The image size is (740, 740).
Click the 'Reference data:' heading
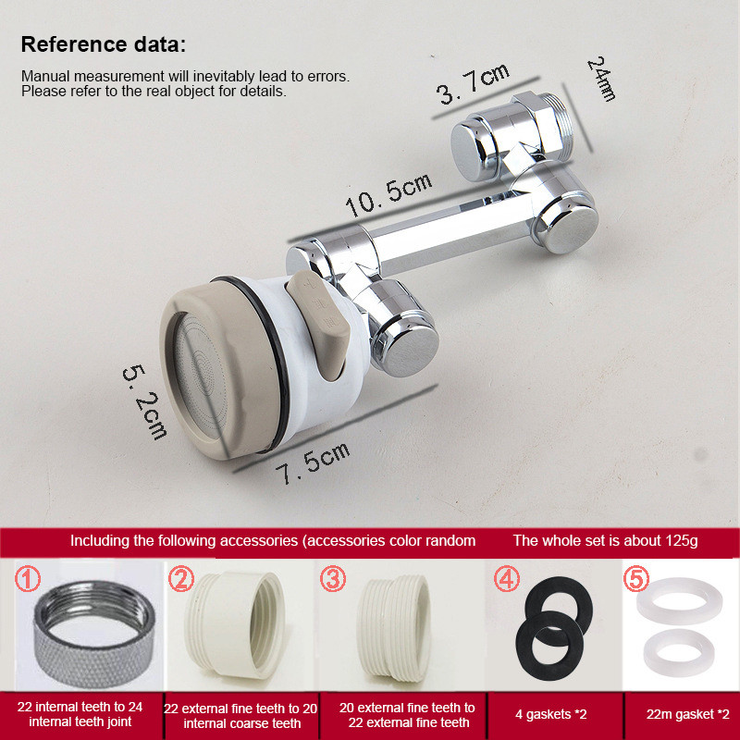tap(104, 44)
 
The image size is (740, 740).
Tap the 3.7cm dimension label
tap(473, 84)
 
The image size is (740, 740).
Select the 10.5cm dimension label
tap(388, 195)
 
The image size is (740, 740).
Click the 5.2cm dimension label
tap(145, 402)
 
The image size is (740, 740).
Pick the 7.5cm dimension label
tap(313, 464)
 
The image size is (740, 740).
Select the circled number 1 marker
tap(28, 579)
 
